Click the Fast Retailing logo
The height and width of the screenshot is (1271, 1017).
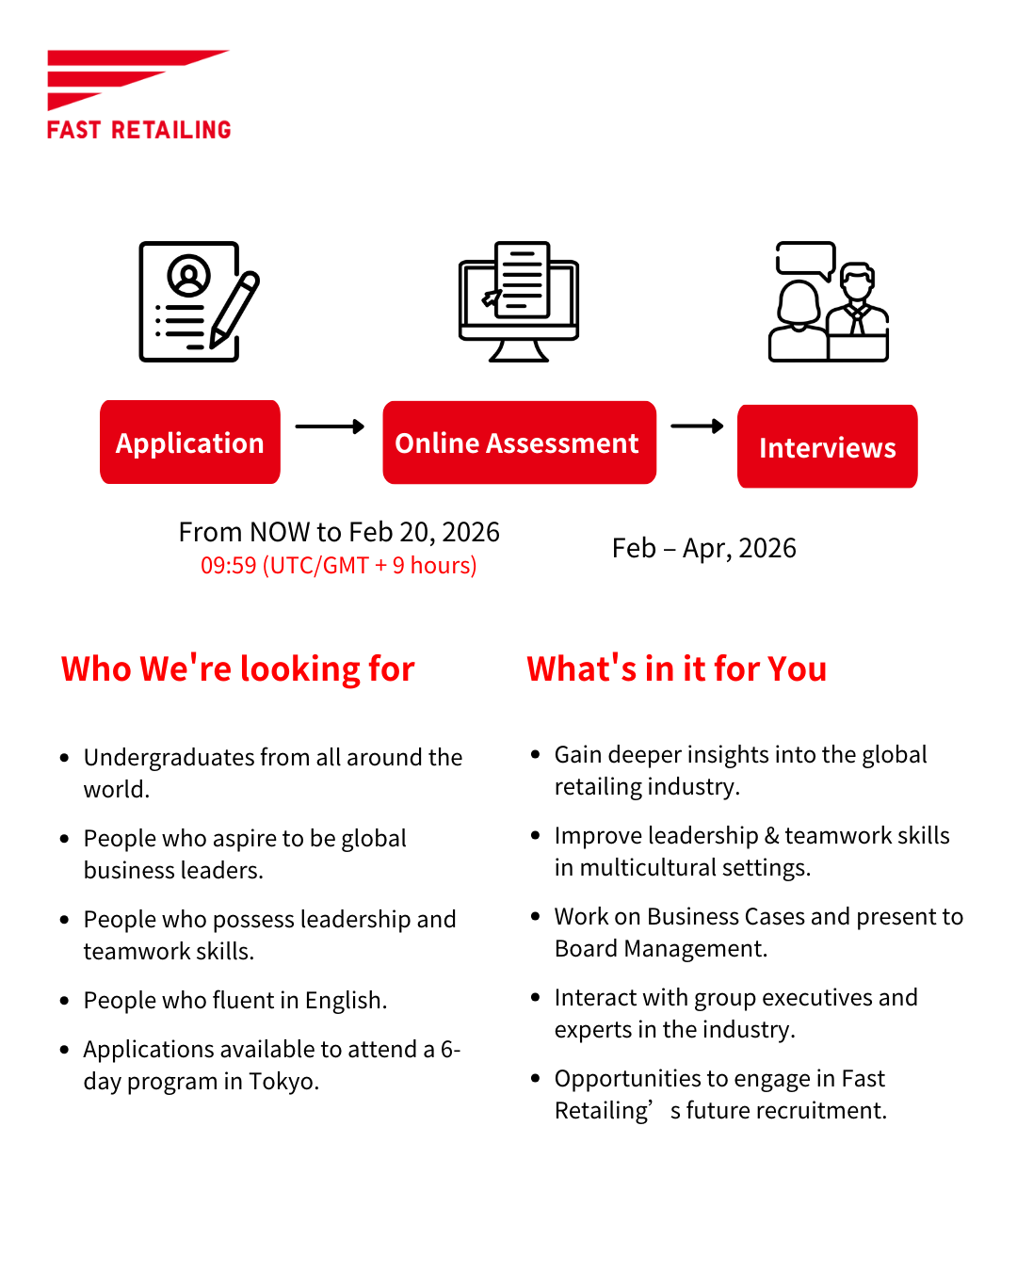point(138,94)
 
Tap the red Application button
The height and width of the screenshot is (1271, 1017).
point(190,442)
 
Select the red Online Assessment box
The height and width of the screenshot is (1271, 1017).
point(519,442)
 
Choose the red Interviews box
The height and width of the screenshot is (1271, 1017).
point(827,447)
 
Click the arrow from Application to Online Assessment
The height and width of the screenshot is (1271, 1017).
point(330,426)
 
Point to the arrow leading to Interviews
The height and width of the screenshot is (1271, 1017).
point(697,426)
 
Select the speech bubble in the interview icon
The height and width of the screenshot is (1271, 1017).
point(805,259)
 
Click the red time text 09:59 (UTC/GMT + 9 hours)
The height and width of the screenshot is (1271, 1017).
point(339,566)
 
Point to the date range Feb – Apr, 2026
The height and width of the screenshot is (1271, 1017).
point(703,548)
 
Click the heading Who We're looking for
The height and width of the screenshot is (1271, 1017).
point(237,669)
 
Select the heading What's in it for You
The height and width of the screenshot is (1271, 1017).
point(676,669)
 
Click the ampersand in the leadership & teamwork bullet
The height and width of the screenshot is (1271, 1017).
point(771,836)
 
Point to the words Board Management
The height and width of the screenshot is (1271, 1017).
point(660,949)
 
